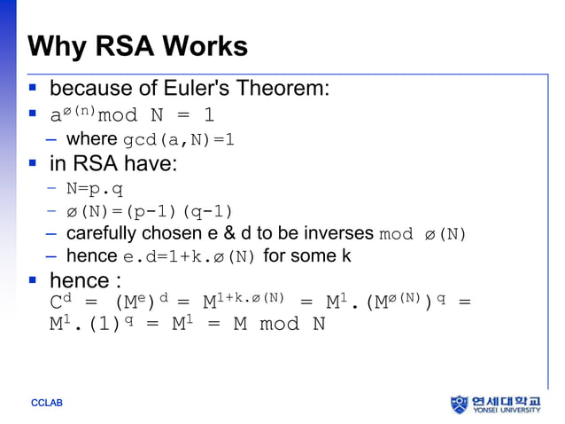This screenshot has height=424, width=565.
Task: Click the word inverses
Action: point(337,234)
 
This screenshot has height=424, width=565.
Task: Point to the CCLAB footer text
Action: point(47,404)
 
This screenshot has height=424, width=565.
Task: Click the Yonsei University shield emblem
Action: point(459,404)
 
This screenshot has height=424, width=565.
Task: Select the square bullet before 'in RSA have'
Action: point(33,164)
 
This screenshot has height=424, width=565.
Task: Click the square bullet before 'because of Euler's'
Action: point(33,90)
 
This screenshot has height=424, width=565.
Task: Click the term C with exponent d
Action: point(60,302)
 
